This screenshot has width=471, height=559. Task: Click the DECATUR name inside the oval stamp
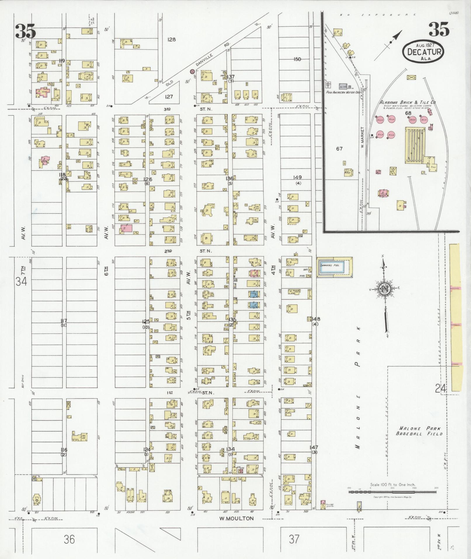[x=423, y=52]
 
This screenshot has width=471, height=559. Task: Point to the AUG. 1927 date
[x=423, y=45]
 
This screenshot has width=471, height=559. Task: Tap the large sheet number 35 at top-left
[x=26, y=32]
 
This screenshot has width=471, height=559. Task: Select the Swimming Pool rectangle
[x=335, y=267]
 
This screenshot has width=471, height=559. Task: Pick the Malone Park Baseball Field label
[x=419, y=431]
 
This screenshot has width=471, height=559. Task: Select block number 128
[x=171, y=39]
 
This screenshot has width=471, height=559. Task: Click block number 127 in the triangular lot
[x=169, y=97]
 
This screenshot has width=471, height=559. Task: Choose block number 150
[x=297, y=59]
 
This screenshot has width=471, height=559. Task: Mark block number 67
[x=339, y=149]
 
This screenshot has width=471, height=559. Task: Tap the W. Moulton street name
[x=237, y=518]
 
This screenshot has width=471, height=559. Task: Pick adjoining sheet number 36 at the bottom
[x=69, y=539]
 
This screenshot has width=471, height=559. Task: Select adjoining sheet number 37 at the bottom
[x=294, y=539]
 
